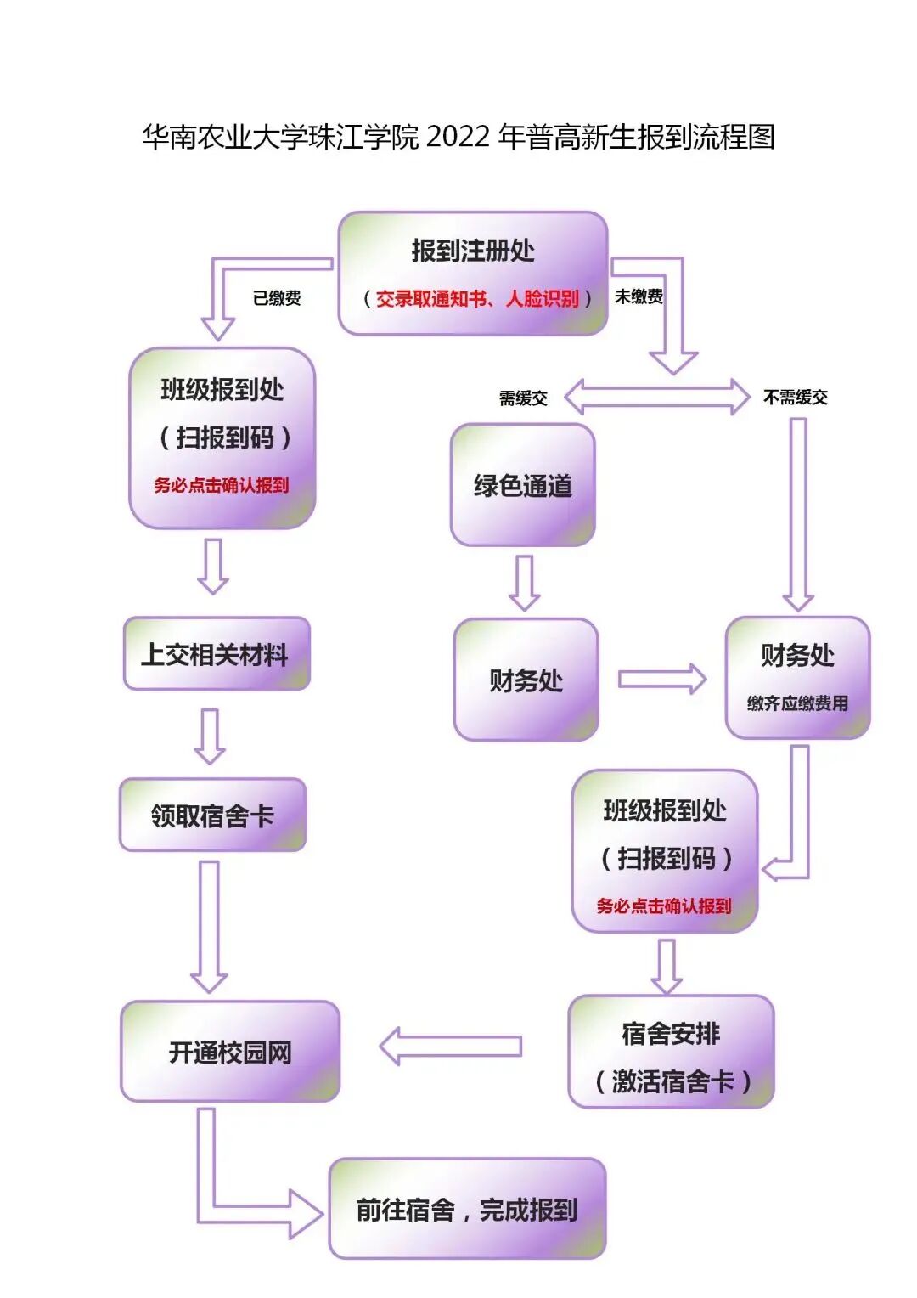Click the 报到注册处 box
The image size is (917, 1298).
click(472, 272)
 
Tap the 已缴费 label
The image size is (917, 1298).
click(277, 298)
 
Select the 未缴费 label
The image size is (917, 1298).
click(639, 296)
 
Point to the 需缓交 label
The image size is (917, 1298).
click(523, 398)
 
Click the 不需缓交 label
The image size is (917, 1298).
click(795, 398)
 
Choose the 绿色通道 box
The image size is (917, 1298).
click(522, 485)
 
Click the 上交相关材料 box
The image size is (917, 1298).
click(216, 654)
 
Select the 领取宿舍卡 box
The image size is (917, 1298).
click(212, 815)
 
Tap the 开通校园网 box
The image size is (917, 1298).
click(229, 1052)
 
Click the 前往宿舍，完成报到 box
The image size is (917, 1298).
click(467, 1209)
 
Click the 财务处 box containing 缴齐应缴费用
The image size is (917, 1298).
click(797, 678)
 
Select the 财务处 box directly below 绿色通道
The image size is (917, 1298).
click(526, 680)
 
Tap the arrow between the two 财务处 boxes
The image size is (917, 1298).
click(661, 679)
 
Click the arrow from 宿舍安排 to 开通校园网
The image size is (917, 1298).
click(450, 1047)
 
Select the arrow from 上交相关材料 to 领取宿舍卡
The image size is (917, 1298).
click(210, 736)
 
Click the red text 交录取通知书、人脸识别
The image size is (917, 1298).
click(476, 299)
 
